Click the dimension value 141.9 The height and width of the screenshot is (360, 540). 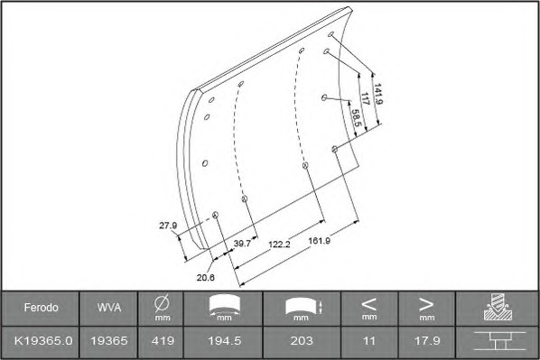[x=378, y=94]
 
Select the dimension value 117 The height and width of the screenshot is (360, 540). [x=365, y=98]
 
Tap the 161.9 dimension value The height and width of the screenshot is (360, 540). [x=319, y=241]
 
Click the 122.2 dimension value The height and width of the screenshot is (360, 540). [x=279, y=245]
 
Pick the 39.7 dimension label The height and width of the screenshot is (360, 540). [x=242, y=244]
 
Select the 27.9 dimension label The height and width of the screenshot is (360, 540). [x=168, y=226]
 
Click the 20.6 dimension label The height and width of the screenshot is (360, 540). [x=206, y=277]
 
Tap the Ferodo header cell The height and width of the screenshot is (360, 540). [x=41, y=308]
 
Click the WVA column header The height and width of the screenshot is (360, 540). [x=109, y=308]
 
